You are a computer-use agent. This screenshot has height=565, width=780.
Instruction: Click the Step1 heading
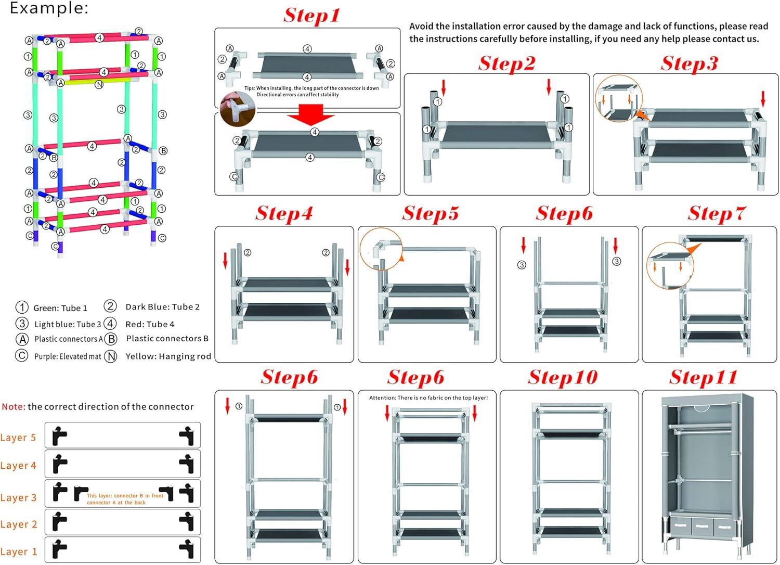pyautogui.click(x=311, y=15)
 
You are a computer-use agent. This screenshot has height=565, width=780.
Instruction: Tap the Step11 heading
pyautogui.click(x=703, y=377)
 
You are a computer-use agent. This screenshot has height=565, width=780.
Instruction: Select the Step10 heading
pyautogui.click(x=563, y=377)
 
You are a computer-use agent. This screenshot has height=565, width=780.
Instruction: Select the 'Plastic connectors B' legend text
pyautogui.click(x=167, y=338)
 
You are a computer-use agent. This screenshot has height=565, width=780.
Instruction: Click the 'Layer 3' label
pyautogui.click(x=19, y=497)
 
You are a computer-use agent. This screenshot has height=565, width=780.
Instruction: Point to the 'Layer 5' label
pyautogui.click(x=19, y=438)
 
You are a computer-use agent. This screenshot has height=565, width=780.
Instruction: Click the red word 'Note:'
pyautogui.click(x=13, y=407)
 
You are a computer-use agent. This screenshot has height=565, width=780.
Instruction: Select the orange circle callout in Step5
pyautogui.click(x=382, y=249)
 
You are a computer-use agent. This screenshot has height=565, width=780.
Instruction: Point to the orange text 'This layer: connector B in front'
pyautogui.click(x=125, y=496)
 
